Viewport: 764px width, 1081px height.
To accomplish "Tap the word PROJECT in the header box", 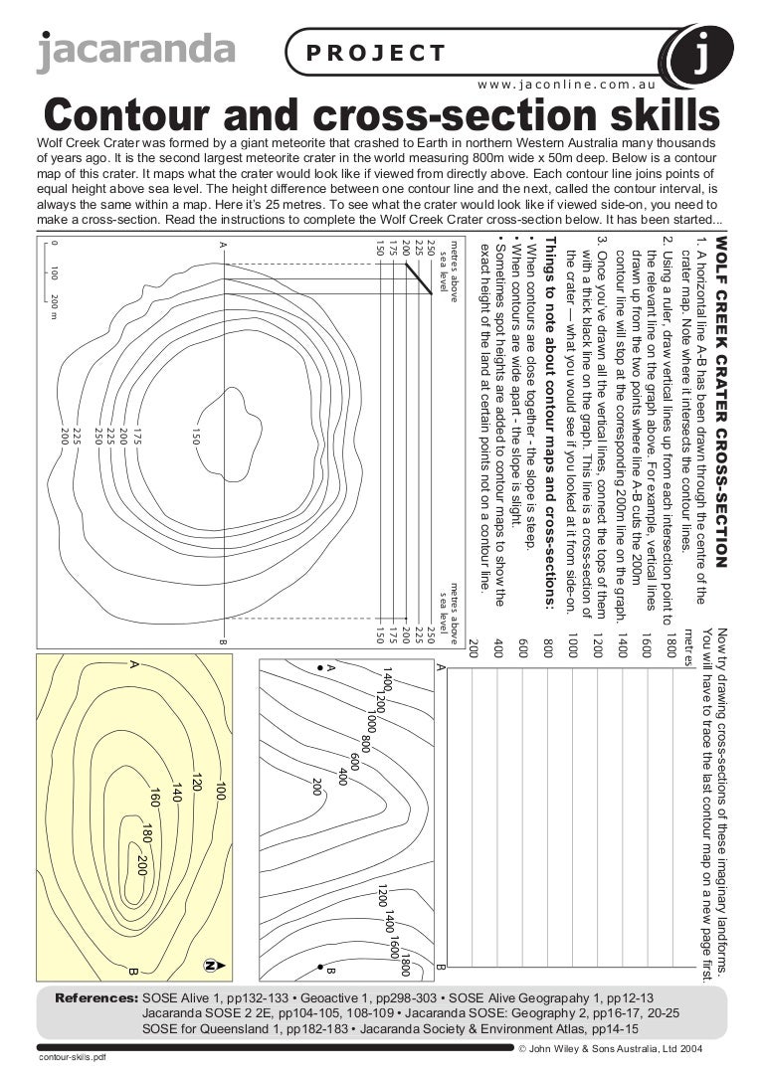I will [x=376, y=53].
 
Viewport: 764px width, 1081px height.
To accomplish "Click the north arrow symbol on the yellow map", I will [x=211, y=964].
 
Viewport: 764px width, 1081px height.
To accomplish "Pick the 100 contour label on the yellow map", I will [x=221, y=795].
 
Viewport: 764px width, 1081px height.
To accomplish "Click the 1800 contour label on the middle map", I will [x=405, y=966].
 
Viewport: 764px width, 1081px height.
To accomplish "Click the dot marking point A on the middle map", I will [x=318, y=667].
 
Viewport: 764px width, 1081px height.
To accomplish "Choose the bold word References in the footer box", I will [x=96, y=997].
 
